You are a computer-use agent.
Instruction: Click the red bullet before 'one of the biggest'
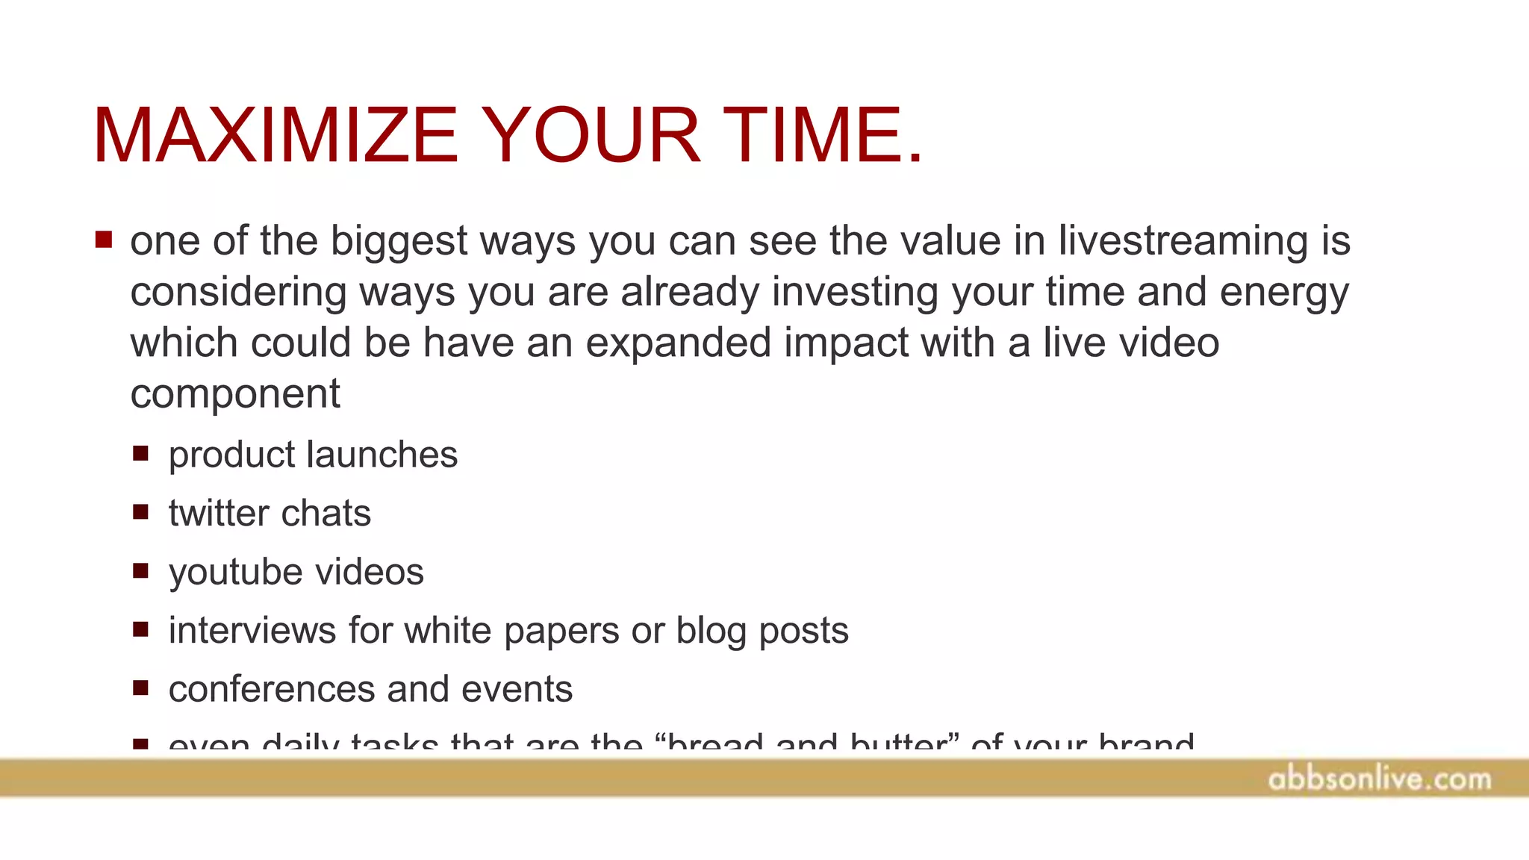104,240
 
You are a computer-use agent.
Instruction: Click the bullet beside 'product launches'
140,453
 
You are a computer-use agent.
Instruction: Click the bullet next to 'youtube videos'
140,571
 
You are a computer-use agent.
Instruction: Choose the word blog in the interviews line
711,632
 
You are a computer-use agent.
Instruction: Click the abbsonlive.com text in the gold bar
1379,779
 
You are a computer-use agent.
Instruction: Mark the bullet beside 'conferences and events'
140,688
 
